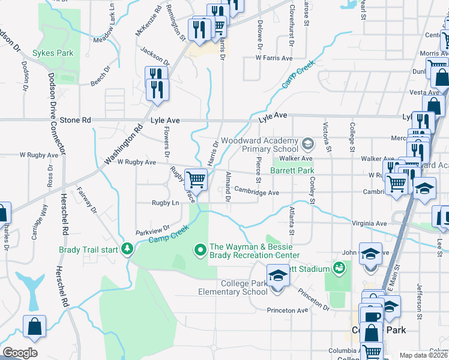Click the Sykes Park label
coord(53,53)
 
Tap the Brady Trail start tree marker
coord(127,248)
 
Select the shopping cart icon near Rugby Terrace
coord(196,179)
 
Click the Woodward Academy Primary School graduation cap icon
coord(308,144)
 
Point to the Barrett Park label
coord(292,170)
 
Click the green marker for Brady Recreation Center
coord(201,248)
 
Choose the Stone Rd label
coord(74,120)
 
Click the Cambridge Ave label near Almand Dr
coord(256,193)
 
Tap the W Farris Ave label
coord(273,58)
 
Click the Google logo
coord(20,353)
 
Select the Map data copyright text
coord(424,355)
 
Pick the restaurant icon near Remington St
coord(199,30)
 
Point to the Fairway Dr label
coord(86,200)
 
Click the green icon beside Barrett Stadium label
coord(340,267)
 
